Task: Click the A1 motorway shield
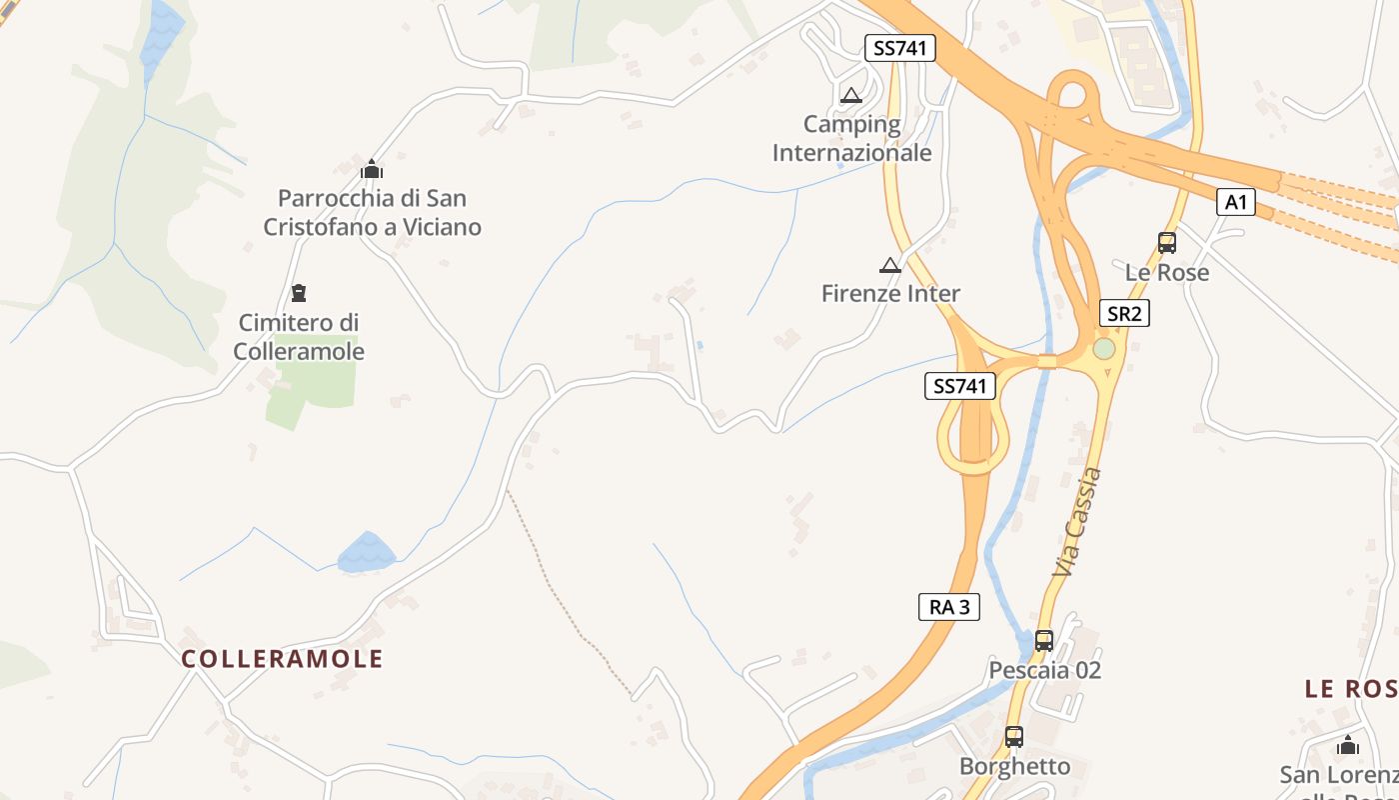point(1236,202)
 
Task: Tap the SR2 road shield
point(1124,313)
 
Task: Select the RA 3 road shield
point(948,606)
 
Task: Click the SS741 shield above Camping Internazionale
point(899,47)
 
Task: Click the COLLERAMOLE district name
point(283,658)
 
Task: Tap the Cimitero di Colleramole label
point(299,337)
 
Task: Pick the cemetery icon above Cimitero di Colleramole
point(298,293)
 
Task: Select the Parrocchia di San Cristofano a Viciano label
point(372,212)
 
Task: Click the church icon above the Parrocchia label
point(372,169)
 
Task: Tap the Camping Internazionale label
point(851,138)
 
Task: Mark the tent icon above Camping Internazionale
point(850,96)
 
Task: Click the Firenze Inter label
point(890,293)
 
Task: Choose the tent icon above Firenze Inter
point(889,265)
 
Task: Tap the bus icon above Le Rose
point(1166,242)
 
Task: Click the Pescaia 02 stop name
point(1044,669)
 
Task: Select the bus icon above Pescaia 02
point(1044,640)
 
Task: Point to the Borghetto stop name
point(1014,766)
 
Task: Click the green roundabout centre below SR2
point(1103,349)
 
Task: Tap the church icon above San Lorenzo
point(1347,745)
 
